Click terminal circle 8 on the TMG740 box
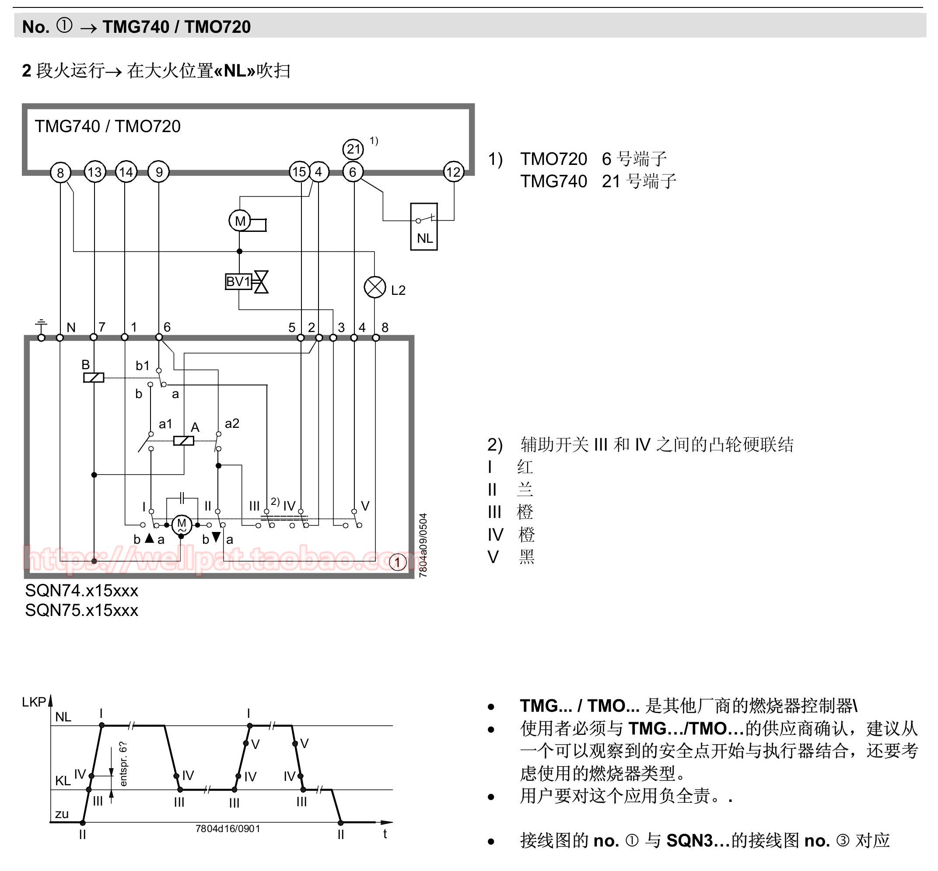pos(60,172)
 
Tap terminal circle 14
pos(126,172)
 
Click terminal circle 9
pos(159,172)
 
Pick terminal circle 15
pos(299,171)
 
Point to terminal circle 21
pos(353,150)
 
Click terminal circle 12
pos(453,172)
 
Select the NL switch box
pos(424,226)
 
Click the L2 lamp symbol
pos(375,287)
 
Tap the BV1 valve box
pos(238,281)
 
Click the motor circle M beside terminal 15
pos(240,220)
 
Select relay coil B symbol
pos(93,377)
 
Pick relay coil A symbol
pos(184,441)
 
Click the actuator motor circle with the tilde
pos(182,525)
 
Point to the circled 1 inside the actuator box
pos(398,562)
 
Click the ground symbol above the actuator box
pos(42,325)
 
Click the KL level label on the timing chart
pos(63,780)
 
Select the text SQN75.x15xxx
pos(81,610)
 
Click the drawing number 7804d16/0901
pos(227,829)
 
